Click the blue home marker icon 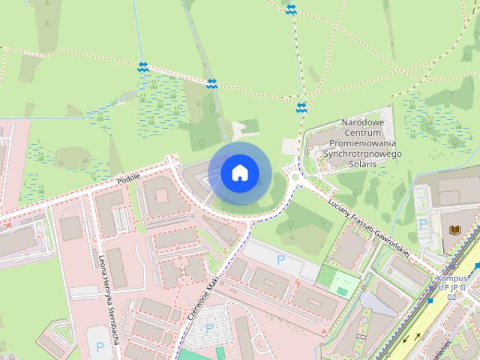pyautogui.click(x=239, y=173)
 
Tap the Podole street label pyautogui.click(x=129, y=180)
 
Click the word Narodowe pyautogui.click(x=362, y=122)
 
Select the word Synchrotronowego pyautogui.click(x=362, y=153)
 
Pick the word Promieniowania pyautogui.click(x=362, y=142)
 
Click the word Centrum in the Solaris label pyautogui.click(x=362, y=132)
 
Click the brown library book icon pyautogui.click(x=454, y=228)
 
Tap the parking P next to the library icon pyautogui.click(x=424, y=223)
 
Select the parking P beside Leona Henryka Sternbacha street pyautogui.click(x=99, y=346)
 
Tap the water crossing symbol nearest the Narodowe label pyautogui.click(x=301, y=108)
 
